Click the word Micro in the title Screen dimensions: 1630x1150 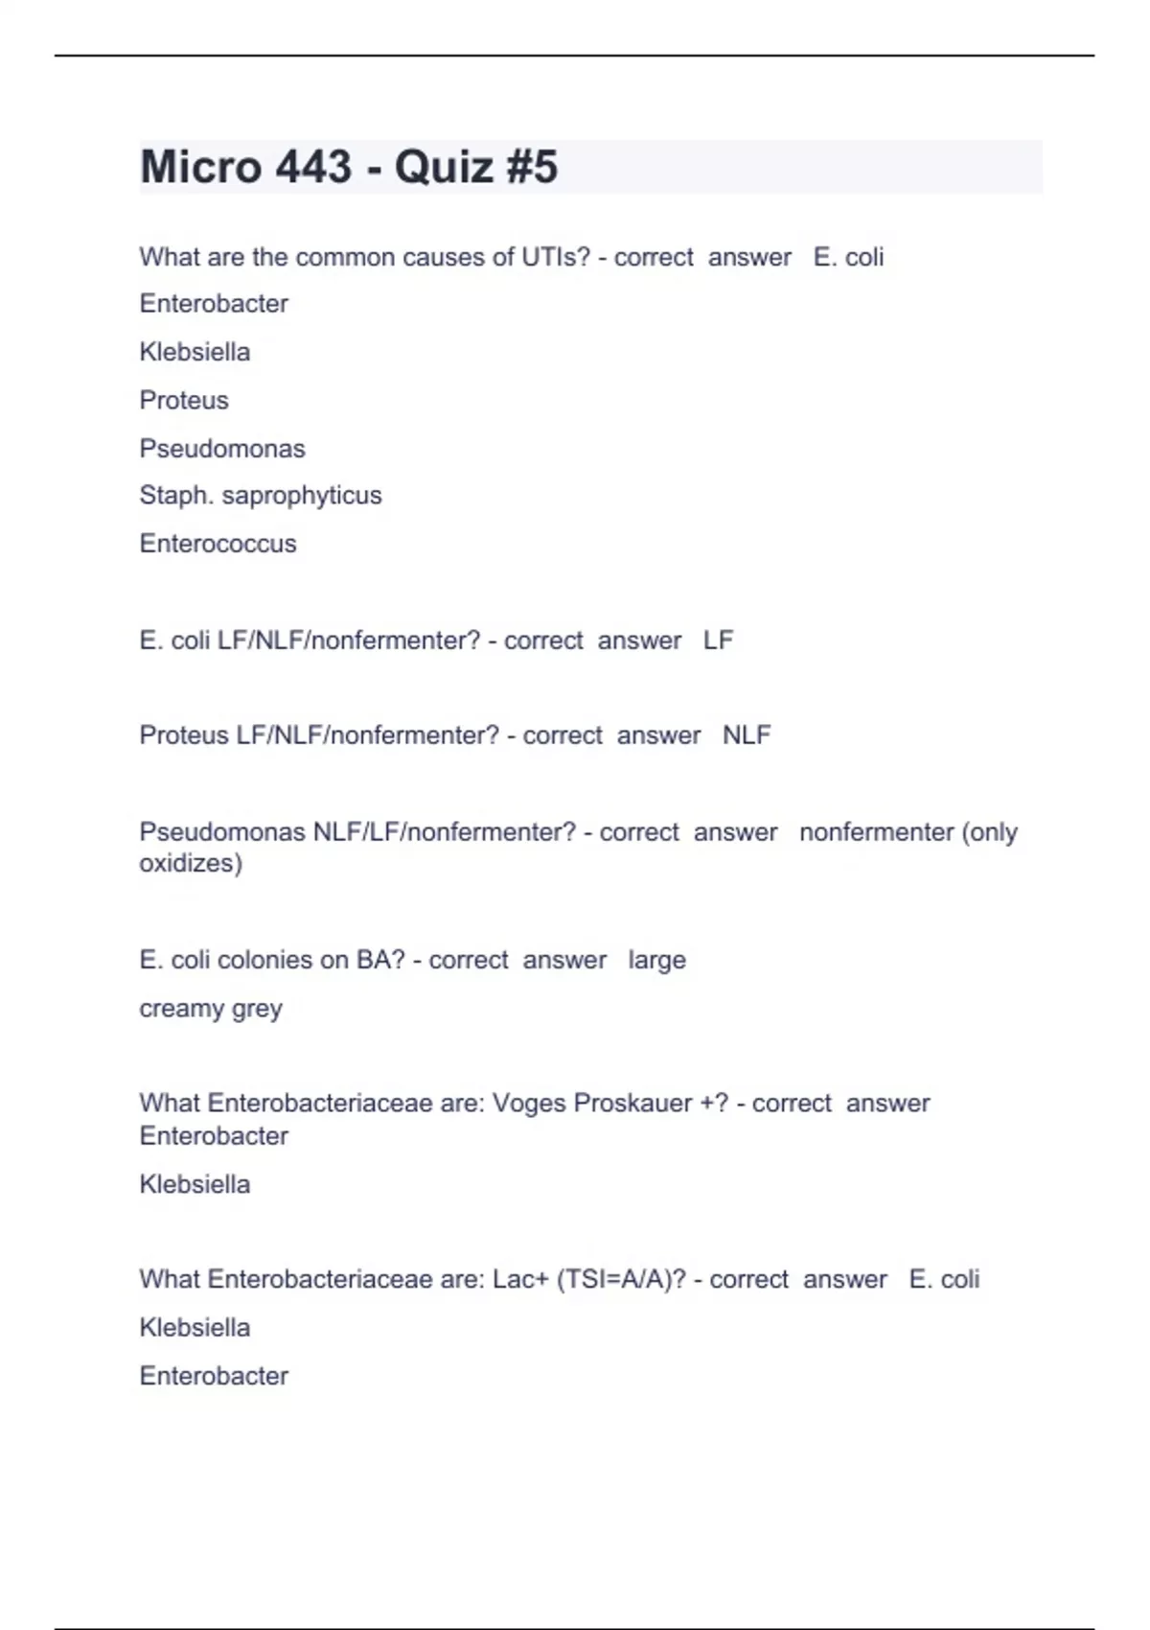click(x=201, y=167)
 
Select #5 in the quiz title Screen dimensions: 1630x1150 click(x=531, y=167)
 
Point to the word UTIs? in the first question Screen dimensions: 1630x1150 click(x=556, y=257)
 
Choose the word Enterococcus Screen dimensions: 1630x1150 click(x=218, y=544)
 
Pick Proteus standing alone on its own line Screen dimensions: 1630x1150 click(x=184, y=400)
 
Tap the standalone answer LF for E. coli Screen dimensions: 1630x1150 click(x=718, y=640)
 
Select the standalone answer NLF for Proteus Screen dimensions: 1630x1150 click(x=747, y=735)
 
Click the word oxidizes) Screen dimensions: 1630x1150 click(x=191, y=863)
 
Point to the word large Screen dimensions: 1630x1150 click(x=657, y=960)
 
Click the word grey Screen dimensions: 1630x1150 click(x=257, y=1009)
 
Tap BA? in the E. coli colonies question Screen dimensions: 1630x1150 click(x=380, y=960)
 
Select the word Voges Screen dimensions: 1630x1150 click(x=529, y=1103)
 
